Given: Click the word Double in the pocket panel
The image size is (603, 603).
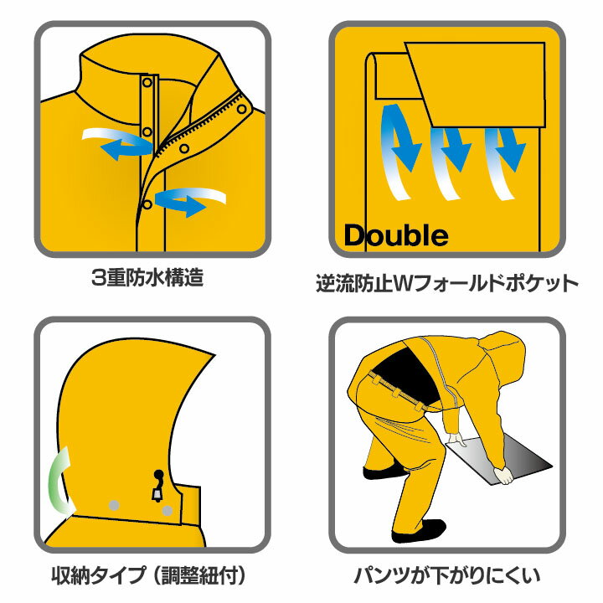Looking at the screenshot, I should coord(396,235).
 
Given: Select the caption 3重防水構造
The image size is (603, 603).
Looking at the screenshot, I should coord(147,278).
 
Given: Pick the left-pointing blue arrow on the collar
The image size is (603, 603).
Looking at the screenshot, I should coord(117,144).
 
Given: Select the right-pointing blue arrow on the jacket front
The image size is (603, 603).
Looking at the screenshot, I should coord(194,201).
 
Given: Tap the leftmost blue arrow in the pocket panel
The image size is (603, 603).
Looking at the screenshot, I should coord(400,147).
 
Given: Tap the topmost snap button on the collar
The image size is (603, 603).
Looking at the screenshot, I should coord(148,81).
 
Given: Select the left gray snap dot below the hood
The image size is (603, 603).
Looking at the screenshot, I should coord(115,505).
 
